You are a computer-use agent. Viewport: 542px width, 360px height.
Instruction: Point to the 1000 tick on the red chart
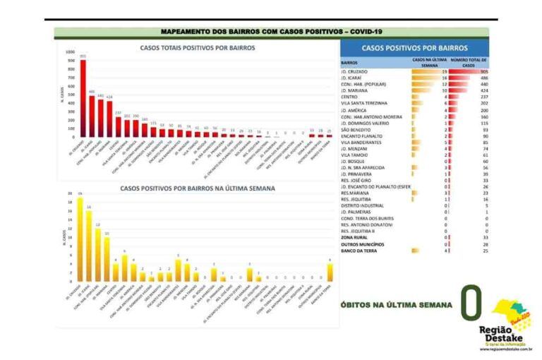click(x=69, y=52)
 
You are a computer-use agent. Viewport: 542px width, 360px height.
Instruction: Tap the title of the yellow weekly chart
click(x=198, y=188)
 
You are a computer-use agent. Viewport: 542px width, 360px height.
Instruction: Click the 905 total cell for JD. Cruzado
click(x=483, y=71)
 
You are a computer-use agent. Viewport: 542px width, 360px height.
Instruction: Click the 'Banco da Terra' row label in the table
click(x=359, y=250)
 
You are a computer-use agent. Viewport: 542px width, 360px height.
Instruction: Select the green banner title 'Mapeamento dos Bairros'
click(x=270, y=32)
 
